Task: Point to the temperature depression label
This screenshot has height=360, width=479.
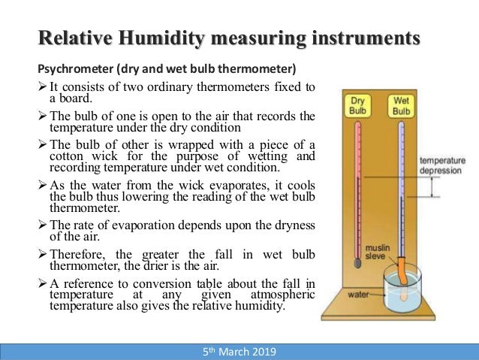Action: coord(442,165)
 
